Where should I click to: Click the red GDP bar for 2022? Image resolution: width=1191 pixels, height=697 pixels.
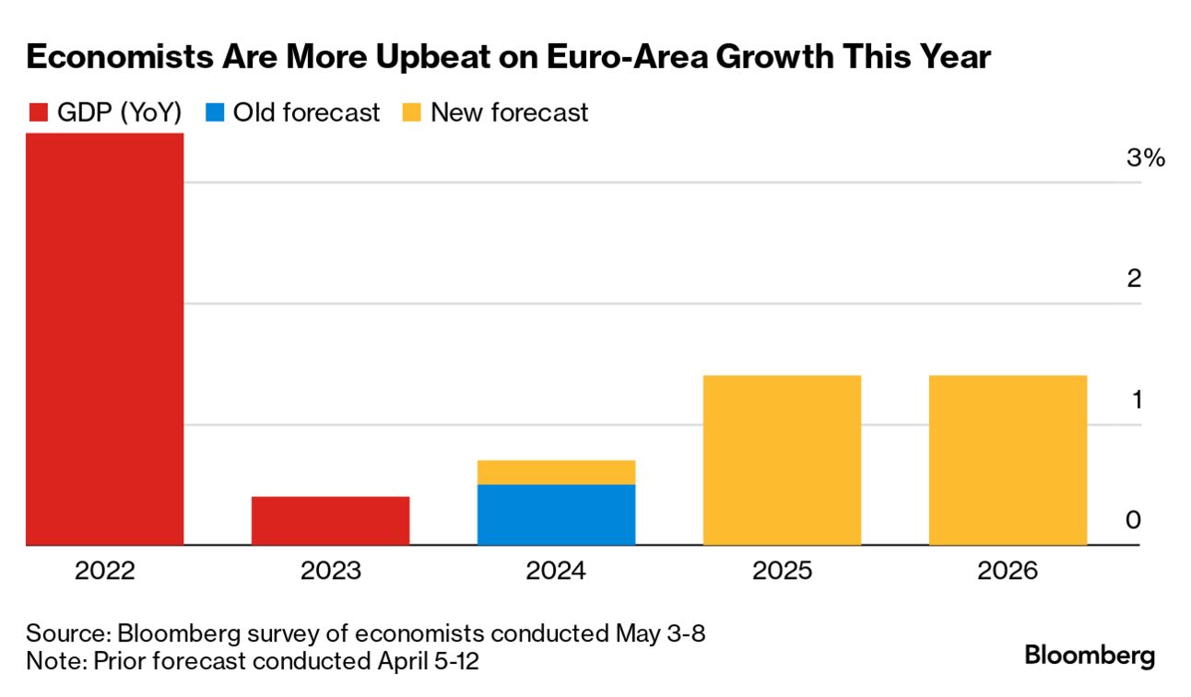(104, 338)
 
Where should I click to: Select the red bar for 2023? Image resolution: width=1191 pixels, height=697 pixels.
(330, 521)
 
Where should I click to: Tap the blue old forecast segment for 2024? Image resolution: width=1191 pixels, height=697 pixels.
(556, 514)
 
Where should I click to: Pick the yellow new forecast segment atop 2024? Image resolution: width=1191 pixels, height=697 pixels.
(556, 472)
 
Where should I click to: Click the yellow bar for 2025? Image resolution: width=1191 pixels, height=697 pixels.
(782, 460)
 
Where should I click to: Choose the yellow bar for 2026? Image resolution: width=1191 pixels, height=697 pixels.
(1008, 460)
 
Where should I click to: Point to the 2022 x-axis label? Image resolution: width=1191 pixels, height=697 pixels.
(104, 572)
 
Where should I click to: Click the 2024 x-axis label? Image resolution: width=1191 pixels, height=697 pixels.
(556, 572)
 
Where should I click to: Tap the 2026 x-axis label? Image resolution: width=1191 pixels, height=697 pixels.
(1008, 572)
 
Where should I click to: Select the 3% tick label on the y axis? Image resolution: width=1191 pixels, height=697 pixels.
(1146, 159)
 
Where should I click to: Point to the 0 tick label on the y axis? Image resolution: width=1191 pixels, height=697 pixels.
(1133, 521)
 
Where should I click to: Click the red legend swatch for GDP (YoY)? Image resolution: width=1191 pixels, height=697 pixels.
(38, 113)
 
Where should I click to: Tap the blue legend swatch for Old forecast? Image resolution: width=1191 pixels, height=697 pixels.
(214, 113)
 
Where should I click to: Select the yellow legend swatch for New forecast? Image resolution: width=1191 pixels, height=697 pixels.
(412, 113)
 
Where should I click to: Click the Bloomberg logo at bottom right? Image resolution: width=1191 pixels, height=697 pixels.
(1090, 656)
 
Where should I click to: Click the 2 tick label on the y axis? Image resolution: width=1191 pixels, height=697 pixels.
(1134, 278)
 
